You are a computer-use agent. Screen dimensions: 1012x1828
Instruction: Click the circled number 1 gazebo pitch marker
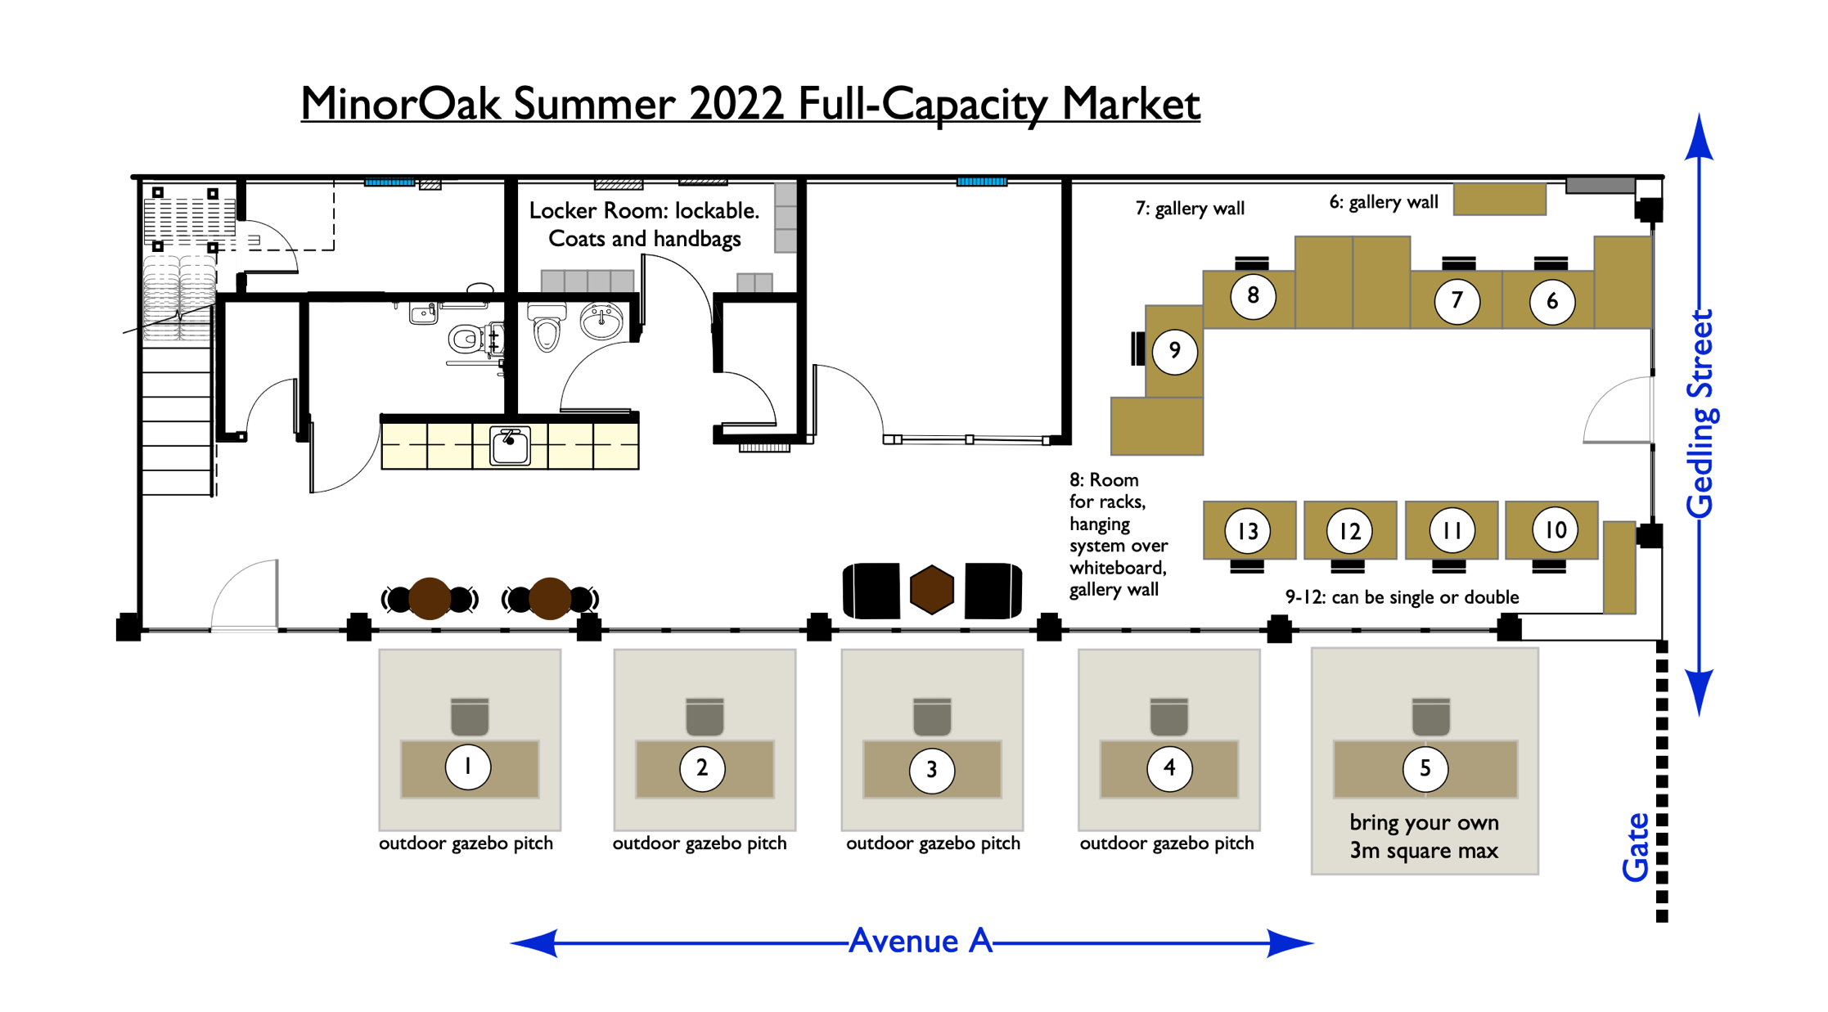468,767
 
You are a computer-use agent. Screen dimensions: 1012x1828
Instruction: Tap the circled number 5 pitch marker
1425,768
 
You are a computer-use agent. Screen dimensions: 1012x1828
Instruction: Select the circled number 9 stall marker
1174,351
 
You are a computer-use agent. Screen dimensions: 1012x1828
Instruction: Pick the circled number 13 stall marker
1248,531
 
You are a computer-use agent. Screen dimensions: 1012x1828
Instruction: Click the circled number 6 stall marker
1552,301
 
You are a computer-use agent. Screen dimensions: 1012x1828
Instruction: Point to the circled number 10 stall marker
1555,530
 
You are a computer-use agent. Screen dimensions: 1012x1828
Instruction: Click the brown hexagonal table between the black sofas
932,589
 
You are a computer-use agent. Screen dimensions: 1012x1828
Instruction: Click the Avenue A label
921,941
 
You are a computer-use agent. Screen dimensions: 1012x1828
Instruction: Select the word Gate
1636,848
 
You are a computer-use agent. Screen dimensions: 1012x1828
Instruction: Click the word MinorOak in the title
401,104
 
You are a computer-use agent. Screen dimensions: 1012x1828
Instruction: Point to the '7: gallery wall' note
1190,209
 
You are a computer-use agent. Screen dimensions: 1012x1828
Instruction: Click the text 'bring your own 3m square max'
1424,836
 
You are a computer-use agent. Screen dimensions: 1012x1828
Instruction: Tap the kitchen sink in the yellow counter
510,446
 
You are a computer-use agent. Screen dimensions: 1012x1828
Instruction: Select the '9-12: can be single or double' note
1402,597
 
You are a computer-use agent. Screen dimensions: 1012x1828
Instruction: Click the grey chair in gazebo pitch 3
932,717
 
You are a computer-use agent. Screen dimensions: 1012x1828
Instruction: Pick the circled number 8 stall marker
1253,295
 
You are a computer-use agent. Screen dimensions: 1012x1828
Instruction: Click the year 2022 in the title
736,104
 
